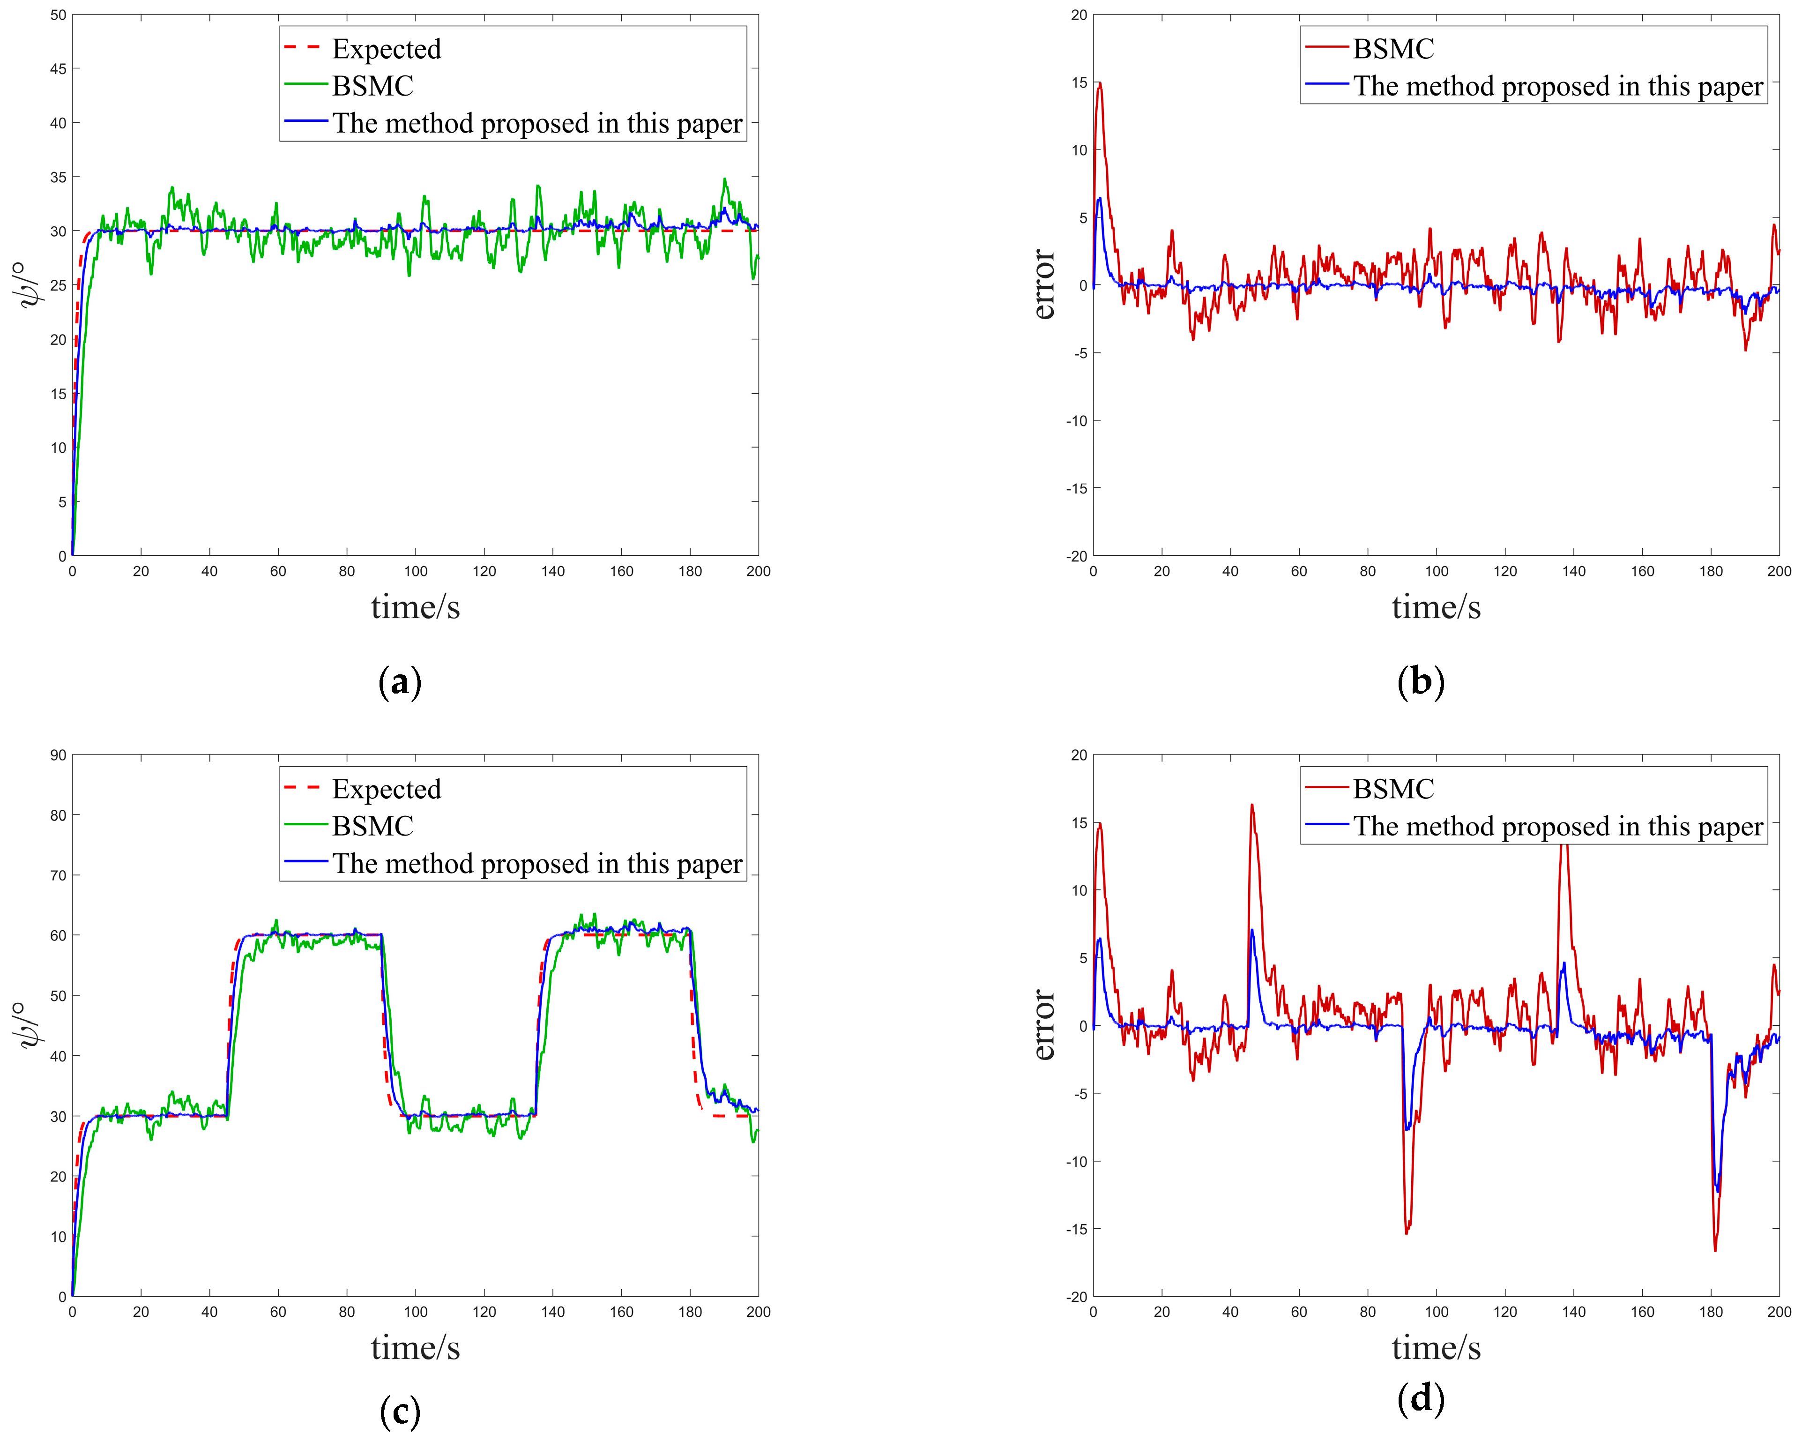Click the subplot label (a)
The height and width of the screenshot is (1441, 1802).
point(400,682)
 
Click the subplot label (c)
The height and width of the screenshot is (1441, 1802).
point(400,1412)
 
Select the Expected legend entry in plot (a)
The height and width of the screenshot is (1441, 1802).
point(386,48)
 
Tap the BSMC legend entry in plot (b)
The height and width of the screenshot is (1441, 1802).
point(1392,48)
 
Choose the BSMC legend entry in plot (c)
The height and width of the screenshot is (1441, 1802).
point(373,826)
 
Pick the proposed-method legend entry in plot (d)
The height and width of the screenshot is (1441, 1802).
point(1557,826)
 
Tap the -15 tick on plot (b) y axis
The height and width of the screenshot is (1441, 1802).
point(1077,488)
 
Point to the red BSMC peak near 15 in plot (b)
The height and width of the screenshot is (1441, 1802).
point(1099,83)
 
